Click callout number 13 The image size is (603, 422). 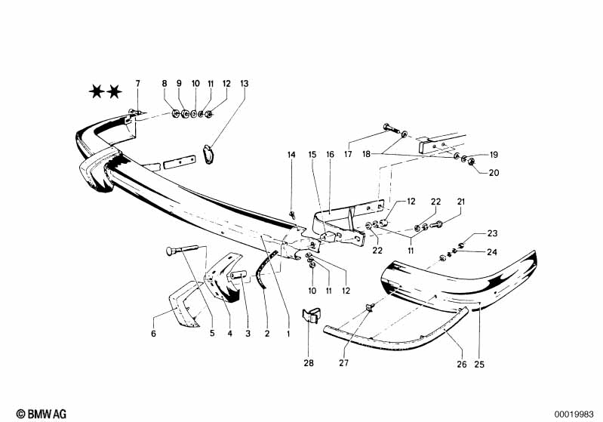click(245, 84)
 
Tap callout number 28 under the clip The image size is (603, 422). click(309, 363)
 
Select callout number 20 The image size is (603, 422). click(494, 173)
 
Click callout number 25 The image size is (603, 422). click(479, 364)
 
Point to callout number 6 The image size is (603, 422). click(153, 334)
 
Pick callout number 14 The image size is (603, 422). click(291, 155)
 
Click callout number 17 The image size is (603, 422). click(348, 154)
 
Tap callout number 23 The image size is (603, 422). click(492, 233)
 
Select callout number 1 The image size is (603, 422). click(288, 334)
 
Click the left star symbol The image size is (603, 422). click(97, 92)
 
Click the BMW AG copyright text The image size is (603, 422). click(42, 414)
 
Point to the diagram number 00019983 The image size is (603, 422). click(574, 414)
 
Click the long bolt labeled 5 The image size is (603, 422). click(182, 250)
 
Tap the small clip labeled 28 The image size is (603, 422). click(311, 314)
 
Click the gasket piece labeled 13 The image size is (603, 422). click(209, 154)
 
